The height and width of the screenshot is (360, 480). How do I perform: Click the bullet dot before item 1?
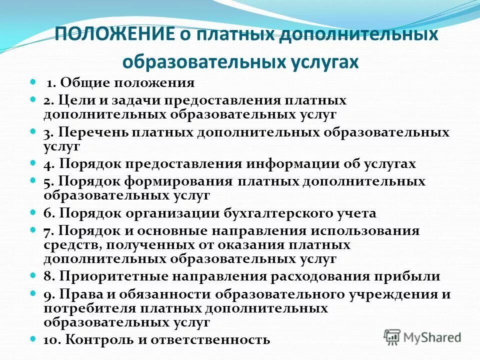[x=33, y=81]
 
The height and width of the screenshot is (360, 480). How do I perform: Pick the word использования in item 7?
[x=366, y=231]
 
